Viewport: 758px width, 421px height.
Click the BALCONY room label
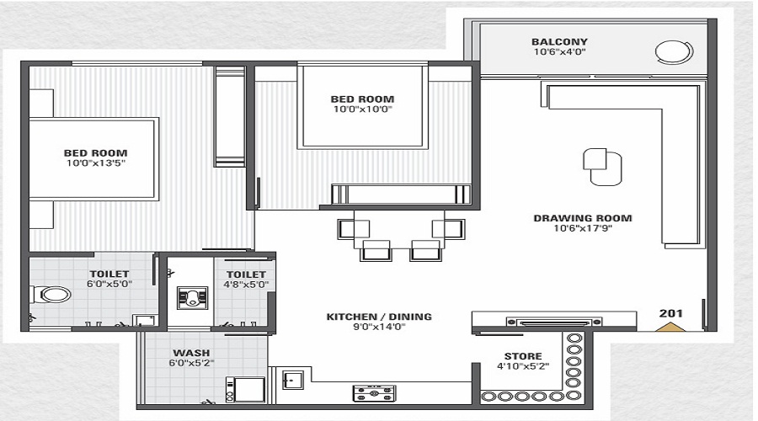(559, 41)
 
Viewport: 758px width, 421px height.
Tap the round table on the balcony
(674, 51)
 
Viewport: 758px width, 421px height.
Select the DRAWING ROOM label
(583, 218)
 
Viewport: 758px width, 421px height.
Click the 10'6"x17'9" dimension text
(583, 228)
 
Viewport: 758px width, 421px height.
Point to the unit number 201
(671, 313)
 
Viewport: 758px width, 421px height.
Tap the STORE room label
(523, 356)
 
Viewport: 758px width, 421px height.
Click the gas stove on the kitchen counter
(374, 393)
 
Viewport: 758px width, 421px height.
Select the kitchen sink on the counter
(293, 380)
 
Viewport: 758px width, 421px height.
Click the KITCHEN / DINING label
(379, 317)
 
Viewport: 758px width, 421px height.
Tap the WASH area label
(191, 353)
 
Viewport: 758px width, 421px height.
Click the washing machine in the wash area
(245, 390)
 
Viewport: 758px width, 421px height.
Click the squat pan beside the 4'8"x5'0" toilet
(192, 298)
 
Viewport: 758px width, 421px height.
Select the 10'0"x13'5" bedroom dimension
(96, 163)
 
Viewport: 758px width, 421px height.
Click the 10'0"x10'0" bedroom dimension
(362, 109)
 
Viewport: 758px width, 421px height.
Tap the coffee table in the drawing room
(602, 167)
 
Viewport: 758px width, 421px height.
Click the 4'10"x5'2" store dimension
(523, 366)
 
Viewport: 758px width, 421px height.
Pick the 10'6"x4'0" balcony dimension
(559, 51)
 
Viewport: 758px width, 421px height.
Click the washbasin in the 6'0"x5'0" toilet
(144, 321)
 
